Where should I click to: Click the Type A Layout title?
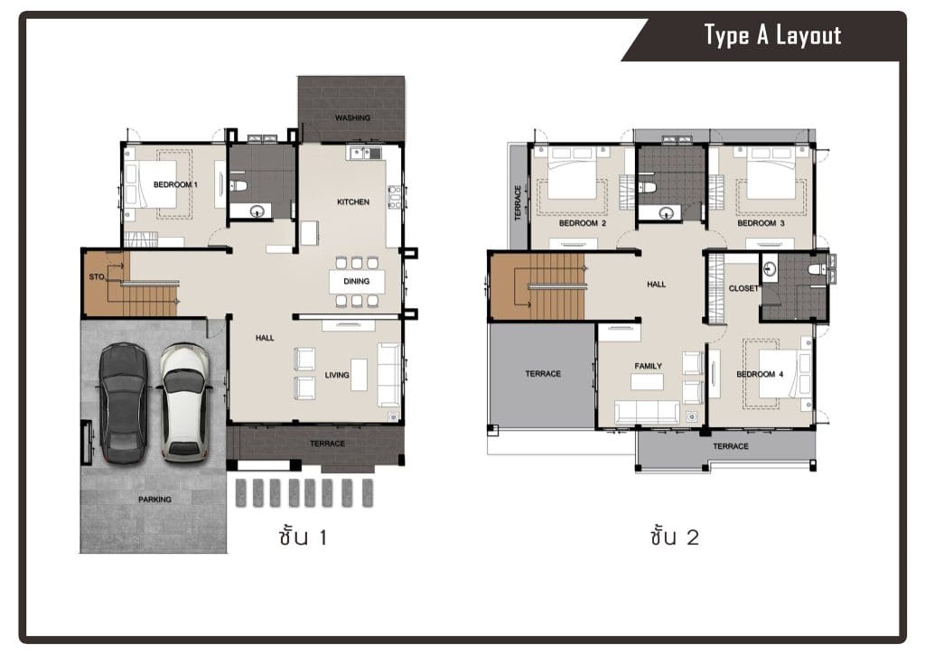click(x=772, y=35)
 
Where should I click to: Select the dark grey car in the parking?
click(x=123, y=404)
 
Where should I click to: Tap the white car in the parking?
click(x=184, y=403)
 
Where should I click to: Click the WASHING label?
click(x=353, y=118)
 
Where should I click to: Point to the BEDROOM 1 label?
click(x=175, y=184)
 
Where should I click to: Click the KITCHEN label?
click(x=353, y=201)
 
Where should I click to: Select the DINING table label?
click(x=356, y=281)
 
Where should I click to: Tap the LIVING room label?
click(x=337, y=375)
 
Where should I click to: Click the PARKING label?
click(x=154, y=500)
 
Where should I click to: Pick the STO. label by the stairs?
click(x=97, y=276)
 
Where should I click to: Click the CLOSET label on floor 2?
click(x=743, y=288)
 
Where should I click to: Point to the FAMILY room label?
click(x=648, y=366)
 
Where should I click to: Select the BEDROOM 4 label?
click(x=760, y=375)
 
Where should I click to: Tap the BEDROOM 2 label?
click(x=583, y=223)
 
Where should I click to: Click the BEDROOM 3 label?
click(x=761, y=223)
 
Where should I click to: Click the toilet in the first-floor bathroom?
click(x=238, y=186)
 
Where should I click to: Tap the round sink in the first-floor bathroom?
click(x=257, y=210)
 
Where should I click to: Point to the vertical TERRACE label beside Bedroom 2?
click(x=518, y=203)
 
